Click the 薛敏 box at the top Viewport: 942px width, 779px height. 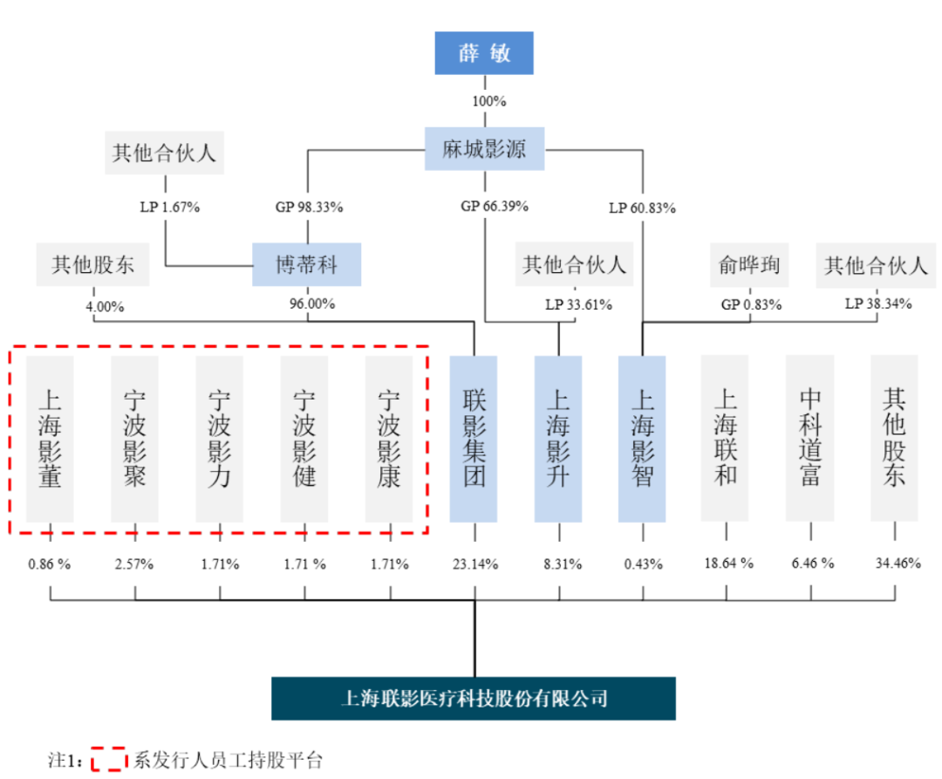[484, 53]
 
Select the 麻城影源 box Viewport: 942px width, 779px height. [485, 149]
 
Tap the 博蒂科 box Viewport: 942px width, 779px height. [306, 264]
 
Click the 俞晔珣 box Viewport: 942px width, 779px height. [749, 264]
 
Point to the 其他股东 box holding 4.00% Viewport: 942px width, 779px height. [92, 264]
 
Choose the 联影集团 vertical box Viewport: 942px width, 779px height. [474, 439]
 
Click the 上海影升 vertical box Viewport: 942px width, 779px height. [558, 439]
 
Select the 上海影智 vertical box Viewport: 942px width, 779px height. [642, 439]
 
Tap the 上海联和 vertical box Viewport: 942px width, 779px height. [725, 438]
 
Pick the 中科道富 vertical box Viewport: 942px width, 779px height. [809, 438]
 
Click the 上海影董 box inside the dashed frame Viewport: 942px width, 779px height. [50, 439]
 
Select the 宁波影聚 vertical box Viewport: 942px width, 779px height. [134, 439]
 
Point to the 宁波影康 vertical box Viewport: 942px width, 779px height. [389, 439]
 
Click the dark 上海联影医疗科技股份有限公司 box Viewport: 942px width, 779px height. [474, 699]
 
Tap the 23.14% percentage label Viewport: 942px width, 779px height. [475, 564]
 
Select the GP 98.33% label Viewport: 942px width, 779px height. [310, 208]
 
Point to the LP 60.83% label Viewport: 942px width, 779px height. [642, 208]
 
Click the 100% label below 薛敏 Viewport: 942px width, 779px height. [489, 101]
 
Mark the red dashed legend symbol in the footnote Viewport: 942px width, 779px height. [109, 759]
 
